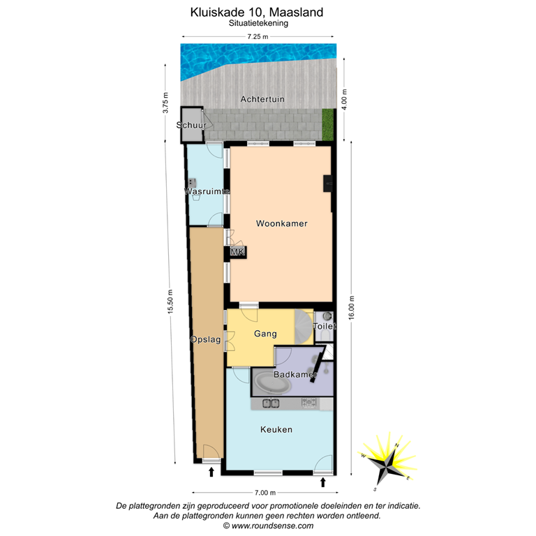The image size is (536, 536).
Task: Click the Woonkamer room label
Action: coord(282,224)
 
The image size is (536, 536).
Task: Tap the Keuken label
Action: coord(276,429)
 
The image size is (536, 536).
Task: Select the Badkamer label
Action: coord(295,375)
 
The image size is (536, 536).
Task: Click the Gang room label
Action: coord(265,334)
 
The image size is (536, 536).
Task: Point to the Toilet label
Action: coord(325,326)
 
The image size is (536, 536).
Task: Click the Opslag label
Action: coord(205,340)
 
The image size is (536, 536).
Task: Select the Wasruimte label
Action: coord(207,191)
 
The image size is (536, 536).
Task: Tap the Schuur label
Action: coord(191,126)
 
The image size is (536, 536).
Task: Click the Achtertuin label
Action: coord(262,100)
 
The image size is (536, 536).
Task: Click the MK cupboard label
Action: coord(237,252)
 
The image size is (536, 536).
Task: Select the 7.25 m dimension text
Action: coord(258,37)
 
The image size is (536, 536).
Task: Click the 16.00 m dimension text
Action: coord(352,306)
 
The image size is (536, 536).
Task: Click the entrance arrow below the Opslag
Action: coord(211,473)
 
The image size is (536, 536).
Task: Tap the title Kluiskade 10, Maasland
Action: coord(257,12)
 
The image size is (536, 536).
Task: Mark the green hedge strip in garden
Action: coord(328,124)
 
